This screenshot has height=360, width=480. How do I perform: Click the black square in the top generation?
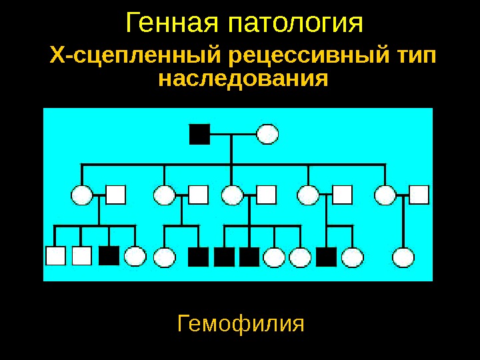[199, 134]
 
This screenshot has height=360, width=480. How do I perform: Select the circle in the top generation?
[267, 134]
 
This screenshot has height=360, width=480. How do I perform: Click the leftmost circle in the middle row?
[81, 195]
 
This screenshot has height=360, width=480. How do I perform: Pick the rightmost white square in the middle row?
[419, 194]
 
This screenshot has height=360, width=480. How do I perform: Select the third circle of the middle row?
[232, 195]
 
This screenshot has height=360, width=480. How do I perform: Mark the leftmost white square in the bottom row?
[55, 256]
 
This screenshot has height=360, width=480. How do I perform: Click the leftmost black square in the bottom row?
[109, 256]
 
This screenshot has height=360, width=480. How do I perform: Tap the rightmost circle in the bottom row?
[403, 257]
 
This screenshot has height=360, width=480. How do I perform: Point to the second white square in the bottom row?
[81, 256]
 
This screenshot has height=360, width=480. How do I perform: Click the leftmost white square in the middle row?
[116, 194]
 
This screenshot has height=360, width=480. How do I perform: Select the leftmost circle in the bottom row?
[135, 257]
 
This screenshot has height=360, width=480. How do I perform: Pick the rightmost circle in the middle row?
[385, 195]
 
